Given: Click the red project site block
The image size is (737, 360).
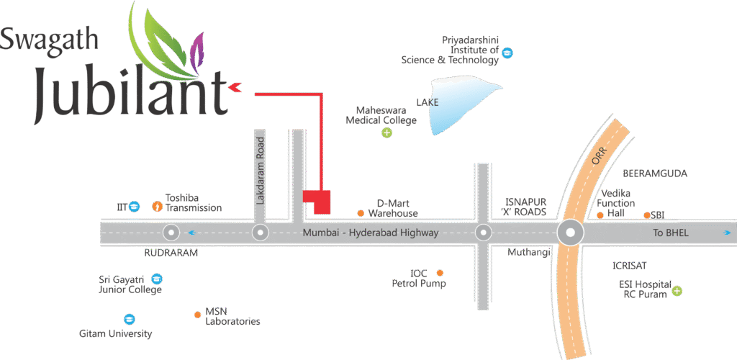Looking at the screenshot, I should pyautogui.click(x=317, y=201).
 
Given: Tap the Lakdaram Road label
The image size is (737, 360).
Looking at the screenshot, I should pyautogui.click(x=261, y=168).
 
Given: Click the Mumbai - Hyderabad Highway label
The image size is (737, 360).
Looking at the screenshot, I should pyautogui.click(x=371, y=233).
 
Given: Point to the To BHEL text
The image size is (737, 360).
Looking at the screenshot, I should pyautogui.click(x=671, y=233).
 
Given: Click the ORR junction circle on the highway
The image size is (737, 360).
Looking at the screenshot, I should pyautogui.click(x=571, y=233).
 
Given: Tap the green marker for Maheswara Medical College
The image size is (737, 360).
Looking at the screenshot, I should pyautogui.click(x=387, y=132).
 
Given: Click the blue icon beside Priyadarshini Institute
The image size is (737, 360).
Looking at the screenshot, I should pyautogui.click(x=507, y=53).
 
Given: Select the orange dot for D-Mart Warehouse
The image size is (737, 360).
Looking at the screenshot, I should pyautogui.click(x=361, y=213).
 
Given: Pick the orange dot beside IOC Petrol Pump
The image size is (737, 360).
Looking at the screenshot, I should pyautogui.click(x=440, y=273).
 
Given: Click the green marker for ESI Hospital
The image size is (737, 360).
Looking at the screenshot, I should pyautogui.click(x=677, y=291).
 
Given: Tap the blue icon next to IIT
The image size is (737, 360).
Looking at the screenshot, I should pyautogui.click(x=134, y=207).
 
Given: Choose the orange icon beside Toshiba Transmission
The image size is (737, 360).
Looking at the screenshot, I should pyautogui.click(x=157, y=207).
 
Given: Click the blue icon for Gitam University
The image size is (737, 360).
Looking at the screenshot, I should pyautogui.click(x=129, y=319).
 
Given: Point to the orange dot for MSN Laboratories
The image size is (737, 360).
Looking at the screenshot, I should pyautogui.click(x=197, y=315).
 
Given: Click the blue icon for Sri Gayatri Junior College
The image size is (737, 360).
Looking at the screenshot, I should pyautogui.click(x=157, y=279).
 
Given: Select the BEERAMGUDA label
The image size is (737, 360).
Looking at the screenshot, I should pyautogui.click(x=654, y=174).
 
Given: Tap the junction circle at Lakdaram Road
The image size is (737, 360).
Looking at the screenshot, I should pyautogui.click(x=261, y=233).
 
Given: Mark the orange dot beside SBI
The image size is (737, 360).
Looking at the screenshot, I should pyautogui.click(x=647, y=215).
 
